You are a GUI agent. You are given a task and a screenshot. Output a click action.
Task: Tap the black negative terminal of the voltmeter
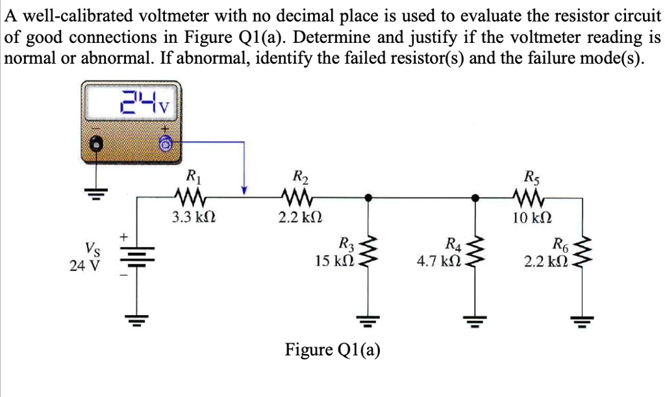[x=97, y=144]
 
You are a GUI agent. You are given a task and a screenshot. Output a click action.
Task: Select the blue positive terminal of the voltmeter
[x=166, y=144]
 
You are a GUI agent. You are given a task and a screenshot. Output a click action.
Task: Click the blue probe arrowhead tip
[x=244, y=191]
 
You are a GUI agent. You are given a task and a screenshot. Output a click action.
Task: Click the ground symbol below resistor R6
[x=583, y=320]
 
